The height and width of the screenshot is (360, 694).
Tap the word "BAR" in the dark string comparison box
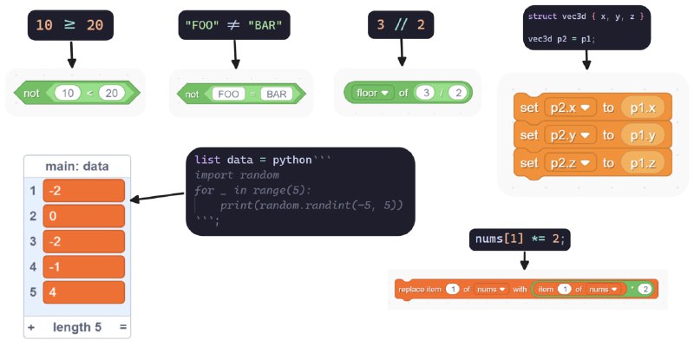coord(265,25)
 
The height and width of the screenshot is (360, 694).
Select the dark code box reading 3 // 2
coord(401,25)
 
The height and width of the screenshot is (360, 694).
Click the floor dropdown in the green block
coord(374,92)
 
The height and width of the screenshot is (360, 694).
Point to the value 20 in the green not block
coord(111,92)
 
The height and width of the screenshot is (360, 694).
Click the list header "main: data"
coord(78,166)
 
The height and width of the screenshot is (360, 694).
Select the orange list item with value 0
coord(84,216)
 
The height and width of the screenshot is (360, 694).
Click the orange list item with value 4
coord(84,292)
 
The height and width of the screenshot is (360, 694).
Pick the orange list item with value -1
coord(84,267)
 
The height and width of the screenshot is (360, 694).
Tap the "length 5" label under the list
coord(78,327)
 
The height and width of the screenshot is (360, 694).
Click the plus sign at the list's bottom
coord(31,327)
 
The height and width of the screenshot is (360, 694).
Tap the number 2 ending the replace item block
coord(645,289)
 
